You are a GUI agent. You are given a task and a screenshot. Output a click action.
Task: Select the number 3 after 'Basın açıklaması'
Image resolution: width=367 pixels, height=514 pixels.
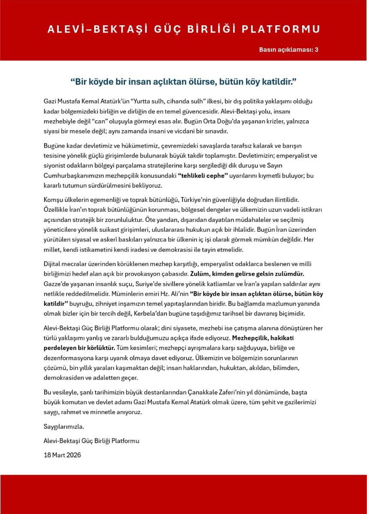point(316,50)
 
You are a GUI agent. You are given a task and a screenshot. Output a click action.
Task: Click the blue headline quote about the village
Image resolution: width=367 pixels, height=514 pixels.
point(183,81)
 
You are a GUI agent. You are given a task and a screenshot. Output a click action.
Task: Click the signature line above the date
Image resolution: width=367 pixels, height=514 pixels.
point(91,440)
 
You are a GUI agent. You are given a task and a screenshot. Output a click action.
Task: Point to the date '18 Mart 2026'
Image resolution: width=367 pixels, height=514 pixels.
point(62,455)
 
